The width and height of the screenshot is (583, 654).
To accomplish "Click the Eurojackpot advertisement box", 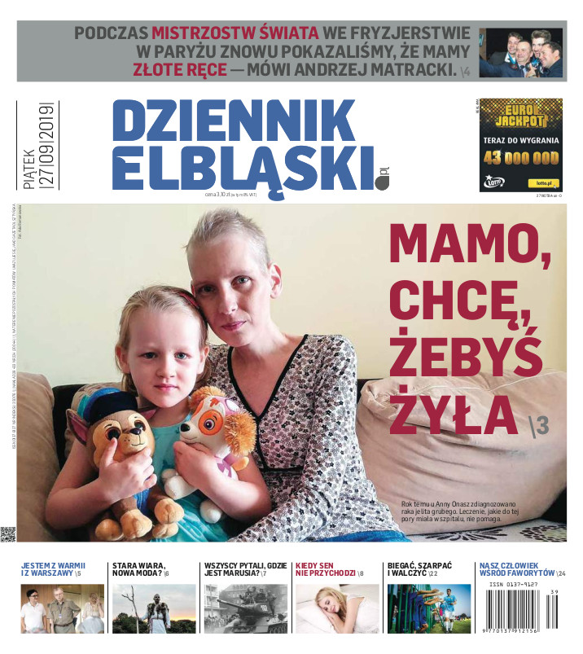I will tap(520, 145).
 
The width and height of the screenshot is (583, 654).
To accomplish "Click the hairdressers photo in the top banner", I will tap(520, 53).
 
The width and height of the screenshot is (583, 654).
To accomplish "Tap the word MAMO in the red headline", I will tap(472, 246).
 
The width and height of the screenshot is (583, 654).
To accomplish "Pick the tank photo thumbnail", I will tap(245, 608).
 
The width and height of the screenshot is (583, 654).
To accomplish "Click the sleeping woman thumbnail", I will tap(336, 608).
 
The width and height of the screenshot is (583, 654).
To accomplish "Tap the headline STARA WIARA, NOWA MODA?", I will tap(140, 569).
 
